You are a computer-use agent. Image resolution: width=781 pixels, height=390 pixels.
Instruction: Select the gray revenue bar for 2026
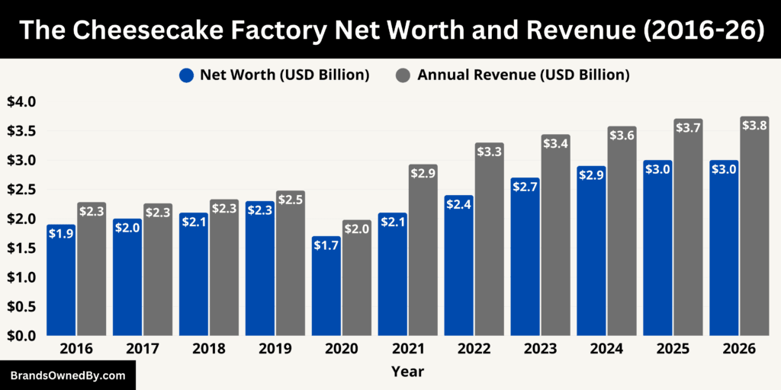click(x=754, y=229)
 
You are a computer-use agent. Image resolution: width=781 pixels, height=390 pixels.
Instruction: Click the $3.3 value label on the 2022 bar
click(x=489, y=152)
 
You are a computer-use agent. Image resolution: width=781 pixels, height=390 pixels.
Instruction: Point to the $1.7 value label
click(x=326, y=245)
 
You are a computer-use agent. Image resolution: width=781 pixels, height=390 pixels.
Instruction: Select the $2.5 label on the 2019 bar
click(x=290, y=200)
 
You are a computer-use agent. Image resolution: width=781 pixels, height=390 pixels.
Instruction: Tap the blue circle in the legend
click(x=187, y=75)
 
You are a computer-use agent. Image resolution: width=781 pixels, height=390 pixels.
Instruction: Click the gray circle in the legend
click(x=403, y=75)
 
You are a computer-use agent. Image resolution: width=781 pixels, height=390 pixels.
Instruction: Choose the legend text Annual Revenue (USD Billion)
click(x=523, y=75)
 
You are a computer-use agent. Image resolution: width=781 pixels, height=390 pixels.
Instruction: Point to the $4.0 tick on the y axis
click(x=21, y=101)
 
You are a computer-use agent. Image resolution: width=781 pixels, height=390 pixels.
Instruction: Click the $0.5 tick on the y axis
click(x=21, y=306)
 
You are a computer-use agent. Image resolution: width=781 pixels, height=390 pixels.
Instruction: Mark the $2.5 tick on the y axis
click(x=21, y=189)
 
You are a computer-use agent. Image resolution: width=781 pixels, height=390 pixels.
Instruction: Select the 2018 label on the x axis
click(x=208, y=349)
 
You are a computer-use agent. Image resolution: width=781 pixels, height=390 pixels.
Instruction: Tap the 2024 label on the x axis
click(x=606, y=349)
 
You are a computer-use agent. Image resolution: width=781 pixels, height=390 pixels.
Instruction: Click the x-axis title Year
click(x=407, y=372)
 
